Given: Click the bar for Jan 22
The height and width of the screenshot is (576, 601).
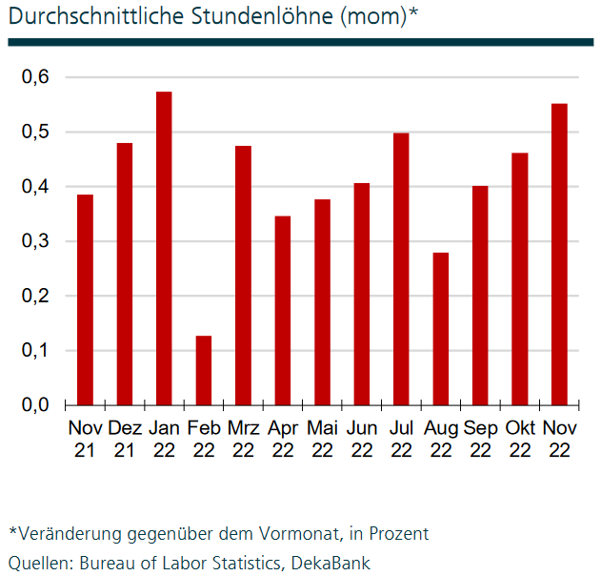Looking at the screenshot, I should pyautogui.click(x=164, y=248).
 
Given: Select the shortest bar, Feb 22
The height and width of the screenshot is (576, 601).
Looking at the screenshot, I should pyautogui.click(x=203, y=370).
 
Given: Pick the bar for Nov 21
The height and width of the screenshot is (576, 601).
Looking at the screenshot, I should pyautogui.click(x=85, y=299).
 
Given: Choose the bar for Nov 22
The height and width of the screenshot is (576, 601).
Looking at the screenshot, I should pyautogui.click(x=559, y=254).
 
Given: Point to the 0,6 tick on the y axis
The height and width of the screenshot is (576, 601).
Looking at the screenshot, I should pyautogui.click(x=35, y=77).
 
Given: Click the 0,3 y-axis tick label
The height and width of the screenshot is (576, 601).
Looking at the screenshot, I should pyautogui.click(x=35, y=241).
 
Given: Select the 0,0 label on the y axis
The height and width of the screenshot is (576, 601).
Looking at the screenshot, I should pyautogui.click(x=35, y=405).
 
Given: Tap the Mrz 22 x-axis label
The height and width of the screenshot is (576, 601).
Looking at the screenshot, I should pyautogui.click(x=243, y=439).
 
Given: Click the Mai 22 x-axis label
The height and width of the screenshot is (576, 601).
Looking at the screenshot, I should pyautogui.click(x=322, y=439).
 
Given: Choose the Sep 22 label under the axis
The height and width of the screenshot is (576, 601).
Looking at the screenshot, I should pyautogui.click(x=480, y=439).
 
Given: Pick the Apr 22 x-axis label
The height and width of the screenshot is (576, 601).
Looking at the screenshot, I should pyautogui.click(x=282, y=439).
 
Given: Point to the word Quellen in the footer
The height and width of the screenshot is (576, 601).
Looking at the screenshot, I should pyautogui.click(x=37, y=563).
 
